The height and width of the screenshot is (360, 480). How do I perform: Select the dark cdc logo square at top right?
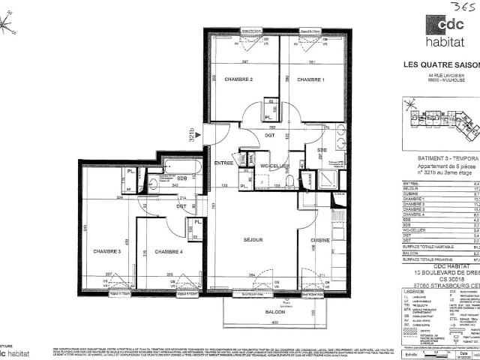click(441, 25)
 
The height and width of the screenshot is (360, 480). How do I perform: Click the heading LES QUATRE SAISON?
click(442, 64)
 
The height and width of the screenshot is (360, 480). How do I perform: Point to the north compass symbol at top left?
click(8, 28)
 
